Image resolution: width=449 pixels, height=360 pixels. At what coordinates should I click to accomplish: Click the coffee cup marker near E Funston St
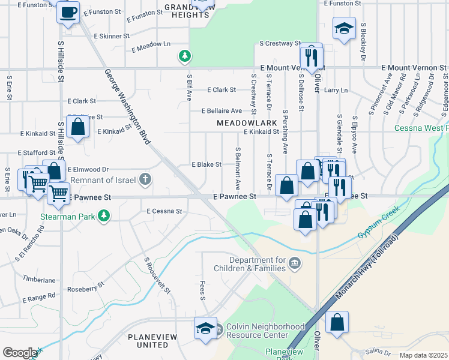tap(68, 11)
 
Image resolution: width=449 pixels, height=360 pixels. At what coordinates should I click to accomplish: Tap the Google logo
tap(20, 353)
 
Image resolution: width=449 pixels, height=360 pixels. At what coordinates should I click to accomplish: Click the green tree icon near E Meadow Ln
tap(185, 56)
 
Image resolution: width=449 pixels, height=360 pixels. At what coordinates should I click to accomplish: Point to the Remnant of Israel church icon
tap(145, 179)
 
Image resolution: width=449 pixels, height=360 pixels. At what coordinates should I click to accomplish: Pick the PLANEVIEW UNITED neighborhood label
tap(152, 341)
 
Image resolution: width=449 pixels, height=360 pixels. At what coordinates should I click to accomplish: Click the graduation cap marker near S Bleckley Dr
tap(344, 29)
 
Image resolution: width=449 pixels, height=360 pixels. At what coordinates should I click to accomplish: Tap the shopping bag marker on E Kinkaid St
tap(77, 127)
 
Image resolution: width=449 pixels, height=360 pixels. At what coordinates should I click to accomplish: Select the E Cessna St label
tap(164, 211)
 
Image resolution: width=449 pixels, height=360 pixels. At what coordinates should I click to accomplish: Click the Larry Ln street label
tap(336, 91)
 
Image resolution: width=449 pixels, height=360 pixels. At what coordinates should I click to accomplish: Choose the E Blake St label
tap(206, 164)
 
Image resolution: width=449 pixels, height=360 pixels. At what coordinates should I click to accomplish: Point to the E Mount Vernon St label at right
tap(414, 69)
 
